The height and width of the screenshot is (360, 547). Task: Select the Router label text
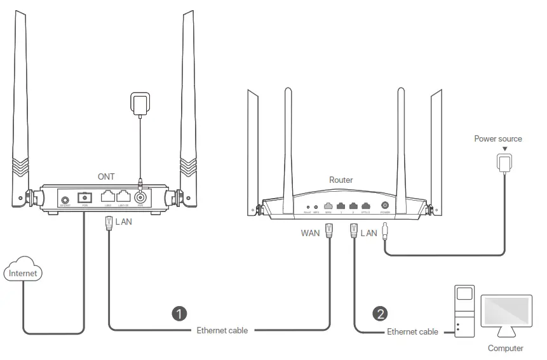pyautogui.click(x=341, y=180)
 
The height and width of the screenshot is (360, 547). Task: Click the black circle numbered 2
pyautogui.click(x=380, y=313)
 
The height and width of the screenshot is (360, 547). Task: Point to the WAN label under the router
pyautogui.click(x=311, y=234)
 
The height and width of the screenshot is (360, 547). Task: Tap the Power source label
pyautogui.click(x=497, y=138)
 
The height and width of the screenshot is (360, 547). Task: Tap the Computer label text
pyautogui.click(x=505, y=348)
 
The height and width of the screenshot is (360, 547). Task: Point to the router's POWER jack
pyautogui.click(x=384, y=206)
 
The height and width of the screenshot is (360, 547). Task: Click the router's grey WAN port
pyautogui.click(x=328, y=206)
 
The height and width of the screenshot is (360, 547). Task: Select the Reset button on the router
pyautogui.click(x=307, y=206)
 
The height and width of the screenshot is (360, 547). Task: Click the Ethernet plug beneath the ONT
pyautogui.click(x=108, y=223)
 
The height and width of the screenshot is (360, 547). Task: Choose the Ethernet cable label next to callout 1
pyautogui.click(x=222, y=330)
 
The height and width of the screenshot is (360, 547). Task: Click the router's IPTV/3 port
pyautogui.click(x=365, y=206)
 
